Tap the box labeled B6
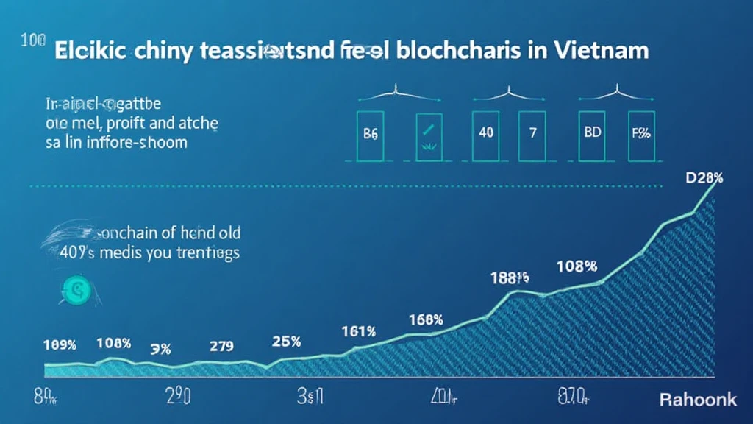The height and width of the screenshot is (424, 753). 371,135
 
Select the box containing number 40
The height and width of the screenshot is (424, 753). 485,135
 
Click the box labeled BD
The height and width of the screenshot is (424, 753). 591,135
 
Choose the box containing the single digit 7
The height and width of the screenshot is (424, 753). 532,135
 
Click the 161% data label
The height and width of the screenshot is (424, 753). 359,332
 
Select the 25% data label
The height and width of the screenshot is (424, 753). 285,342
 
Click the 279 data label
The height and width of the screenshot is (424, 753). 221,344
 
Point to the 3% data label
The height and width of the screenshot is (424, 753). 160,349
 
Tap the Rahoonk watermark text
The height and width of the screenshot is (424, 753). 697,400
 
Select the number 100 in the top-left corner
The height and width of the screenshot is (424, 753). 34,41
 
